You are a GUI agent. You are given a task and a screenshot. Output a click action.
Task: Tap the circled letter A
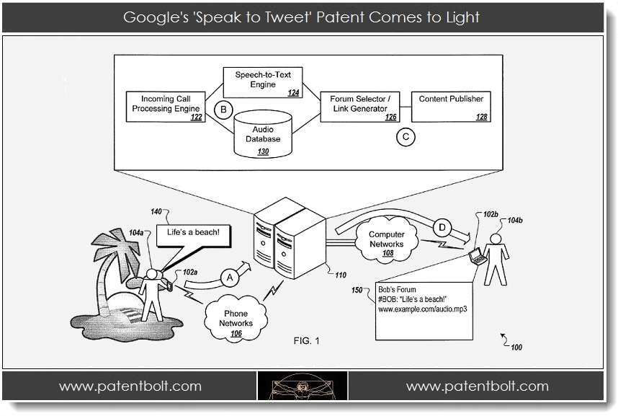tap(229, 277)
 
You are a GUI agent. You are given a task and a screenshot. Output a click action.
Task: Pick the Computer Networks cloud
tap(386, 239)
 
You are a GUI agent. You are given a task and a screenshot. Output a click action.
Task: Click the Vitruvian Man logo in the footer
tap(302, 386)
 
